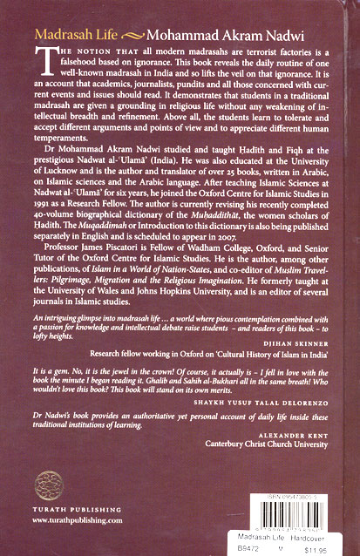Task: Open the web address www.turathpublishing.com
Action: click(x=65, y=518)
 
